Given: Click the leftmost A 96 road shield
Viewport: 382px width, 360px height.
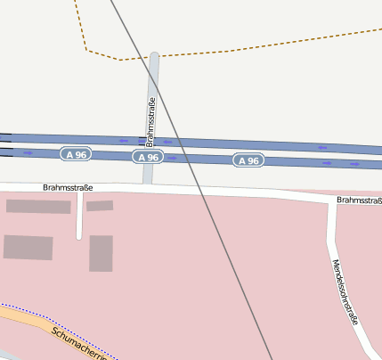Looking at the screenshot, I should tap(77, 155).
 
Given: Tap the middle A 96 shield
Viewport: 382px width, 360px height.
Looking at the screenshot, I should tap(148, 157).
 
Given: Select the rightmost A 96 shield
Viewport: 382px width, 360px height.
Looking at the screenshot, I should tap(249, 160).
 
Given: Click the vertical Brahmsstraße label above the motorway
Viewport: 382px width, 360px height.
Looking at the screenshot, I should tap(151, 122).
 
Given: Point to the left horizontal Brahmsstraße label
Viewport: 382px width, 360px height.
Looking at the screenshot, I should tap(68, 188).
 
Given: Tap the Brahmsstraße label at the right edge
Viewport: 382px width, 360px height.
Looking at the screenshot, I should tap(359, 200).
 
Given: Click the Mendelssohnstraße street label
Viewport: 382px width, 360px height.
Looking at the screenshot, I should tap(345, 291).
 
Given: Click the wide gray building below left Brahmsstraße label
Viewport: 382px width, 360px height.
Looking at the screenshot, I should tap(38, 207).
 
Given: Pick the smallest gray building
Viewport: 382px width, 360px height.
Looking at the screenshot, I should tap(100, 206).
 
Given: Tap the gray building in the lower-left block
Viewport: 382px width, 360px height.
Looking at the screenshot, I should tap(28, 247).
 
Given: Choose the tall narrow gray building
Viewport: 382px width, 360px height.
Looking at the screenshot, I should tap(101, 253).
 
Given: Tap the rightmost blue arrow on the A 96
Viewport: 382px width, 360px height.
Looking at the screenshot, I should tap(354, 165).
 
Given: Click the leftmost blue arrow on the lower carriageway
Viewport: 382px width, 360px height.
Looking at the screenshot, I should tap(28, 152).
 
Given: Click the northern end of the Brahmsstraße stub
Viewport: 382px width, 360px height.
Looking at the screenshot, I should tap(155, 55).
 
